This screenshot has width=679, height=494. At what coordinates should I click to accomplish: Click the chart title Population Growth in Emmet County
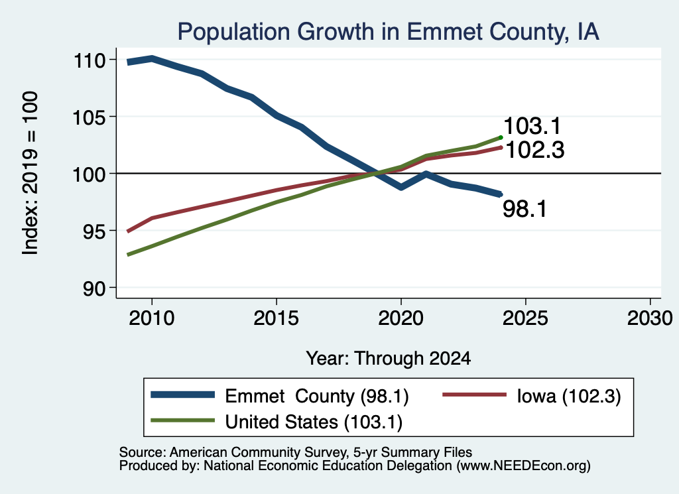[x=388, y=32]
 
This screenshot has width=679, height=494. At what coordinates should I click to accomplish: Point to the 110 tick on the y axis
[x=90, y=60]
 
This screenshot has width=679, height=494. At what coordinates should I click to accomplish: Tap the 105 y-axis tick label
[x=90, y=117]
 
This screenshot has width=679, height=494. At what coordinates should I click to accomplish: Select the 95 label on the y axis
[x=94, y=231]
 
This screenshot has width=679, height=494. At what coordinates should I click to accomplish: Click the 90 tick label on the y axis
[x=94, y=288]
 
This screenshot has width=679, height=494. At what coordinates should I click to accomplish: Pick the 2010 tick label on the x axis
[x=152, y=318]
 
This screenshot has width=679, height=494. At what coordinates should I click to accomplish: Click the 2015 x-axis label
[x=277, y=318]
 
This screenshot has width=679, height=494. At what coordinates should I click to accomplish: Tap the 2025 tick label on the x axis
[x=525, y=318]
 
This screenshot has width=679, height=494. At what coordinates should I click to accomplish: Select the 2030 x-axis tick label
[x=650, y=318]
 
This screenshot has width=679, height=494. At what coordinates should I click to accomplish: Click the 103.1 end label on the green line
[x=532, y=126]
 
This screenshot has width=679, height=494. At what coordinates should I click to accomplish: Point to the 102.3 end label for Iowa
[x=535, y=151]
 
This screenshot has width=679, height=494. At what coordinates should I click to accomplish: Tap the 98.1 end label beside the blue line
[x=525, y=209]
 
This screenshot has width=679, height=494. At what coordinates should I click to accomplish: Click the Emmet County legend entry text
[x=317, y=396]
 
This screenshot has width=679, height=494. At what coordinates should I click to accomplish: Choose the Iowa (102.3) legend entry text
[x=569, y=396]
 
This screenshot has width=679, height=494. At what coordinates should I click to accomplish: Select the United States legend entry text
[x=314, y=422]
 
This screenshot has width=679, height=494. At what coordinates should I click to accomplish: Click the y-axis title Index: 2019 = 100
[x=31, y=173]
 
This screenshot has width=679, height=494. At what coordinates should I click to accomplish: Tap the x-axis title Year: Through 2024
[x=389, y=359]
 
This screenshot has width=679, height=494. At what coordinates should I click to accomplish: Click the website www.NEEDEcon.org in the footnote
[x=523, y=465]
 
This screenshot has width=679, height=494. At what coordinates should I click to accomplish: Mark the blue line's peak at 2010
[x=152, y=58]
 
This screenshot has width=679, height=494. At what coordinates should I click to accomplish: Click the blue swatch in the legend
[x=183, y=395]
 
